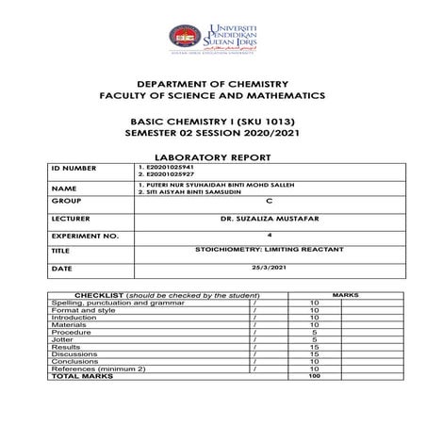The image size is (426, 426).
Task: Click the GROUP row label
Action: [65, 202]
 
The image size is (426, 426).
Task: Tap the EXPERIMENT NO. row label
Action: [79, 235]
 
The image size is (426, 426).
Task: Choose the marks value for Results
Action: [314, 346]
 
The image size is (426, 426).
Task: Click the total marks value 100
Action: [314, 376]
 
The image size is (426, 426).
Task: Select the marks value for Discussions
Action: [314, 353]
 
